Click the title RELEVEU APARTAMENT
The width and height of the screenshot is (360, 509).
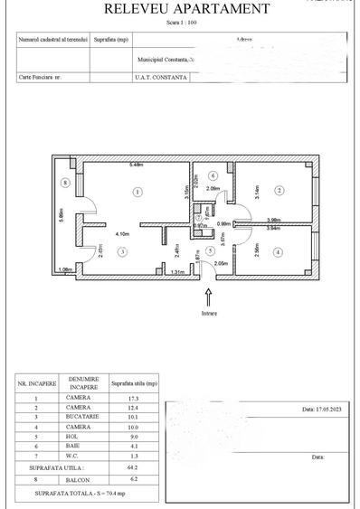(186, 9)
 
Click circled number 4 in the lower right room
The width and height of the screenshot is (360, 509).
(278, 252)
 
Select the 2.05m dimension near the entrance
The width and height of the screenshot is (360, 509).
(221, 263)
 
